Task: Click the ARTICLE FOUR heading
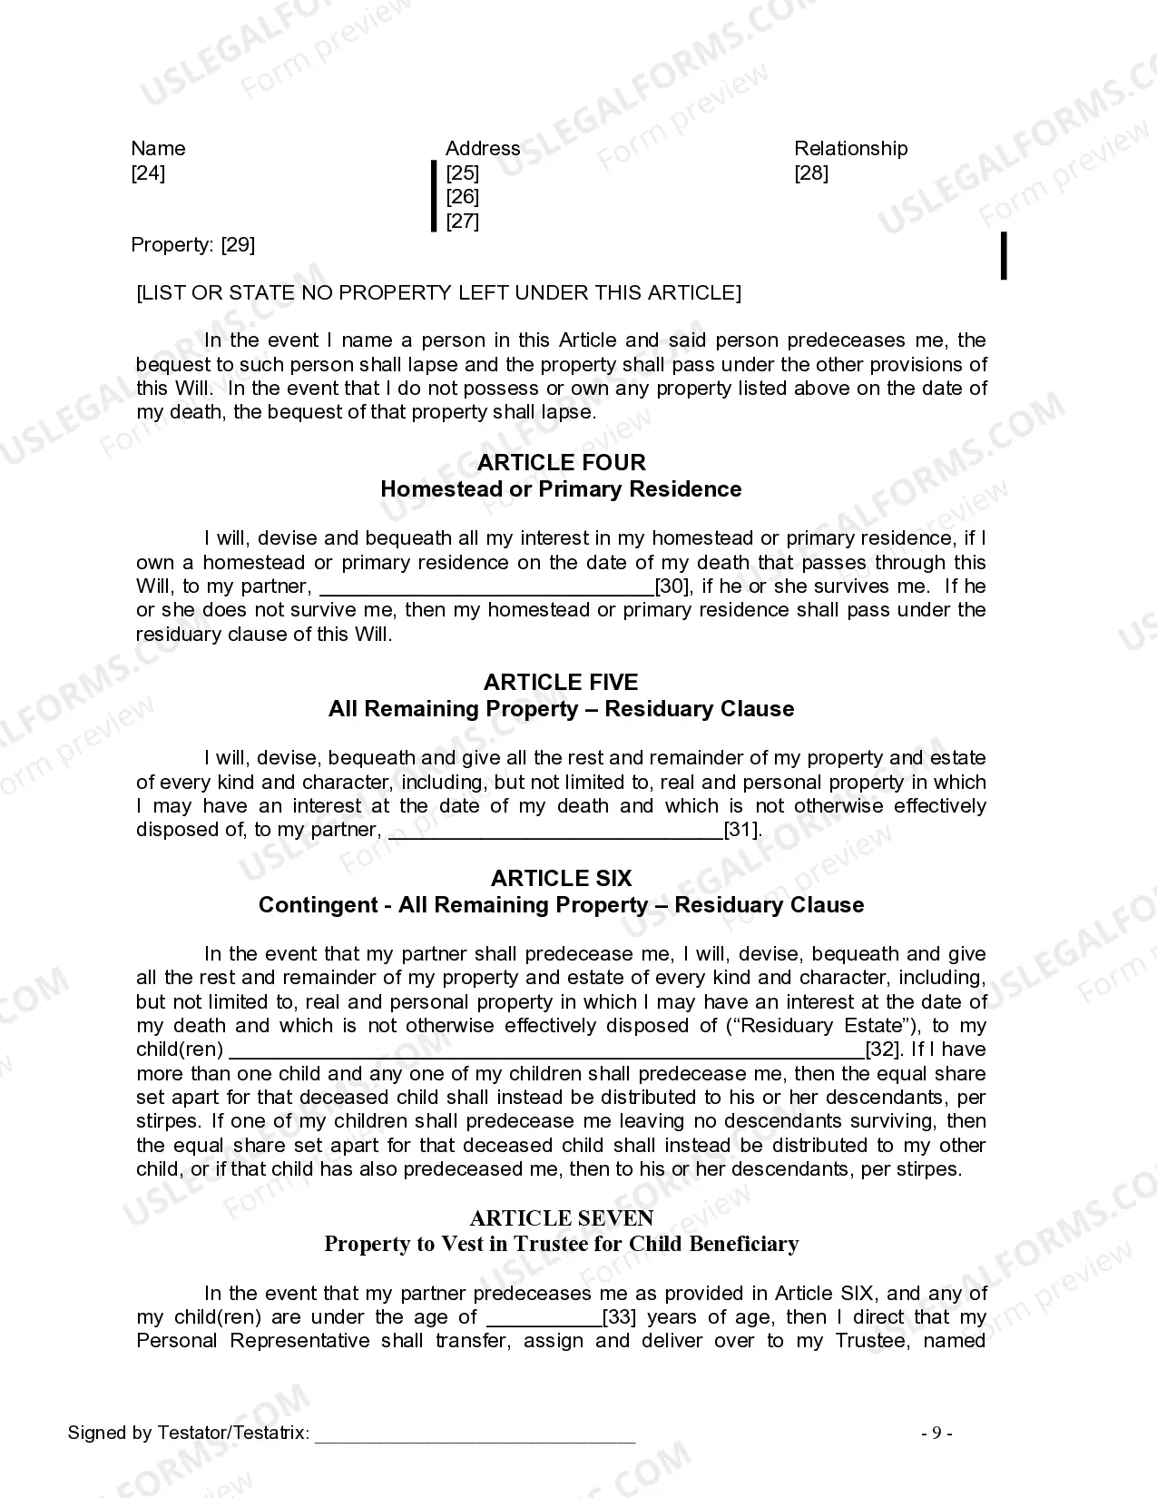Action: [x=561, y=463]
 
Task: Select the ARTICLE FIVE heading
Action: [x=561, y=683]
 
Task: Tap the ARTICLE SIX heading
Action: [x=561, y=879]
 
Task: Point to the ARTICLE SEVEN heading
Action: [x=561, y=1218]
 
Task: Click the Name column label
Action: [x=158, y=149]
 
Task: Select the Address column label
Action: [x=483, y=149]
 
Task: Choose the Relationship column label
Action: [x=850, y=149]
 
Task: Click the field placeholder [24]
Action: [x=148, y=173]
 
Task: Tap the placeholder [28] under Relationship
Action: [x=811, y=173]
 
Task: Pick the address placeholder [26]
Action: [x=463, y=197]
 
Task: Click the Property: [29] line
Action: [x=193, y=245]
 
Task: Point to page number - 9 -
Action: [x=936, y=1434]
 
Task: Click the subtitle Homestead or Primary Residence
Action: [x=561, y=489]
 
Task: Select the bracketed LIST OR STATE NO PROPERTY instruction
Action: [x=438, y=293]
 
